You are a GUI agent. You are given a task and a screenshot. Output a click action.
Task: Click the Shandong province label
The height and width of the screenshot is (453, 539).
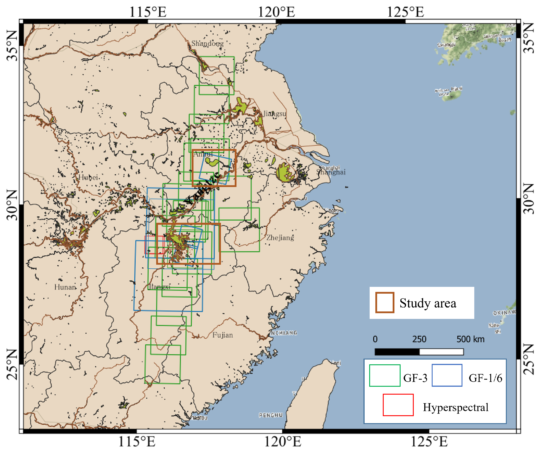click(207, 43)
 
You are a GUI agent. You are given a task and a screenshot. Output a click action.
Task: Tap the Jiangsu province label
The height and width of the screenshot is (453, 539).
click(275, 113)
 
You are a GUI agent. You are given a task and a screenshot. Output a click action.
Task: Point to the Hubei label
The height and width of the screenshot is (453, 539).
click(88, 177)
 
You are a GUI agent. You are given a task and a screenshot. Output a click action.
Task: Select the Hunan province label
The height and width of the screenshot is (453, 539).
click(65, 287)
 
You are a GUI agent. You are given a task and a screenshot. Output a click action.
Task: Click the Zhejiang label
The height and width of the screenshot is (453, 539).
click(280, 237)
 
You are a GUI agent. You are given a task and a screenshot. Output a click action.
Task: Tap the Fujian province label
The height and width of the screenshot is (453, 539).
click(222, 335)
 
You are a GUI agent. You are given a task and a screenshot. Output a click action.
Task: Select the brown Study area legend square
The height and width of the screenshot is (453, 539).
click(385, 302)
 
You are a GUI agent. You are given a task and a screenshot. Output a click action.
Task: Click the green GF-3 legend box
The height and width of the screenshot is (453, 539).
click(385, 376)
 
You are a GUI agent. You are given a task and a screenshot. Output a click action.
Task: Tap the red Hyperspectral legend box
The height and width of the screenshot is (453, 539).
click(398, 405)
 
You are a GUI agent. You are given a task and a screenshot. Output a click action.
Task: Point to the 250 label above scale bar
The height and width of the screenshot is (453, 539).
click(419, 339)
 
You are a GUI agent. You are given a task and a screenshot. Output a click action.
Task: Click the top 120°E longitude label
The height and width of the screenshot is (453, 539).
click(276, 12)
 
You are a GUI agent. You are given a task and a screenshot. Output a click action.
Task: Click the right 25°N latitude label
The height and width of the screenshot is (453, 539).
click(529, 360)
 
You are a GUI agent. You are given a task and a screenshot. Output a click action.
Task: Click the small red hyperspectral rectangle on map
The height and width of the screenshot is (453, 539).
click(154, 245)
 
